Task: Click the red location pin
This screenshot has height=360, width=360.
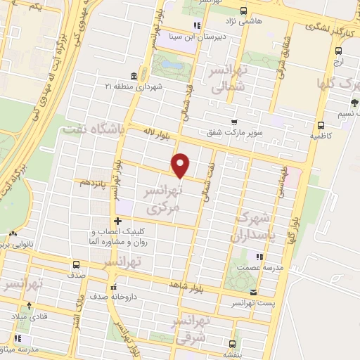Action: (181, 165)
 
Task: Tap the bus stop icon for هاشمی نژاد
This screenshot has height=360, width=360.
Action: (243, 11)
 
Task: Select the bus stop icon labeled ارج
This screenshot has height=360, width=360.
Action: (338, 50)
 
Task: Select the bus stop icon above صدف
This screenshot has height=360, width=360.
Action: (75, 264)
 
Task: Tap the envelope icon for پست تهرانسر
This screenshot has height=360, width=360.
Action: (253, 291)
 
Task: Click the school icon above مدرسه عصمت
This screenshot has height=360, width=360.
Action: (259, 257)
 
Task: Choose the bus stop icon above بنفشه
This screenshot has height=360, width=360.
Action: (232, 345)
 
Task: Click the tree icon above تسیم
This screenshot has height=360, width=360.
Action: (354, 103)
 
